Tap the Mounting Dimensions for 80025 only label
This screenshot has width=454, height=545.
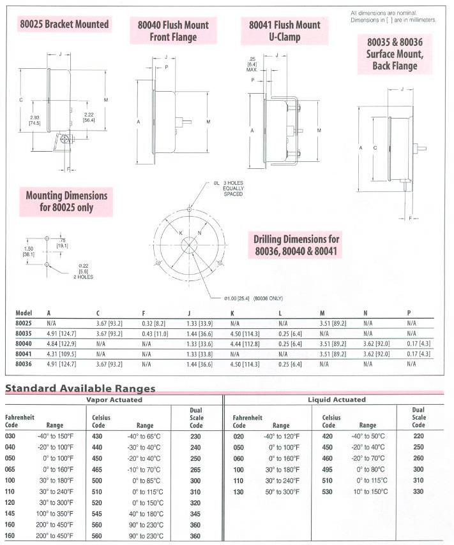click(x=66, y=201)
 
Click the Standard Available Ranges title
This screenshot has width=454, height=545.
click(x=80, y=388)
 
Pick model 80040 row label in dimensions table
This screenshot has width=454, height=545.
click(x=24, y=342)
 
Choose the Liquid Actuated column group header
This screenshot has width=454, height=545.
click(x=337, y=400)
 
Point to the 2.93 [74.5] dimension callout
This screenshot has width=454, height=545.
click(x=34, y=120)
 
